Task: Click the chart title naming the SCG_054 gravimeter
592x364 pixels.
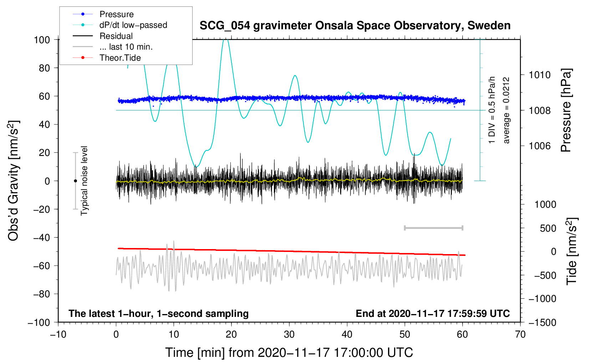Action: [355, 26]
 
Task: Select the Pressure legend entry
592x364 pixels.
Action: [116, 14]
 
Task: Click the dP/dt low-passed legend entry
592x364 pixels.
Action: [133, 25]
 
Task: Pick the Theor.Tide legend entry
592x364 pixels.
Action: [120, 58]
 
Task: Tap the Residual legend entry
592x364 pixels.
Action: [116, 36]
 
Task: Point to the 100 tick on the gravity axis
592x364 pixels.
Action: [42, 40]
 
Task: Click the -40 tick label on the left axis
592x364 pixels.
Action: [41, 238]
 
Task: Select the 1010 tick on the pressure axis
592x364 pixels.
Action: [540, 75]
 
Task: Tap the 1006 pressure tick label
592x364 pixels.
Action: [540, 146]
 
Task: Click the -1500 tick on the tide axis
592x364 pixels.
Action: [542, 323]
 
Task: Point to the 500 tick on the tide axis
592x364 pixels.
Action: [548, 228]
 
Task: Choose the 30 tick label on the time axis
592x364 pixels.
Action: [289, 335]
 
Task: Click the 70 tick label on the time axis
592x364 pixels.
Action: [520, 335]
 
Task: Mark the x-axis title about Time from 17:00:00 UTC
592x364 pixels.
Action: [289, 353]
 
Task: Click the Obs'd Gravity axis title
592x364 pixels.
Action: [14, 181]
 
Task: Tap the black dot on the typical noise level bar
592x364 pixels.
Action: [75, 181]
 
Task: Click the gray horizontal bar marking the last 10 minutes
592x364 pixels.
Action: [433, 228]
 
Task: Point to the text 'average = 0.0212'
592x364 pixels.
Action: [506, 111]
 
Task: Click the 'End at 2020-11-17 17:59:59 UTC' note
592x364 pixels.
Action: [433, 314]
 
